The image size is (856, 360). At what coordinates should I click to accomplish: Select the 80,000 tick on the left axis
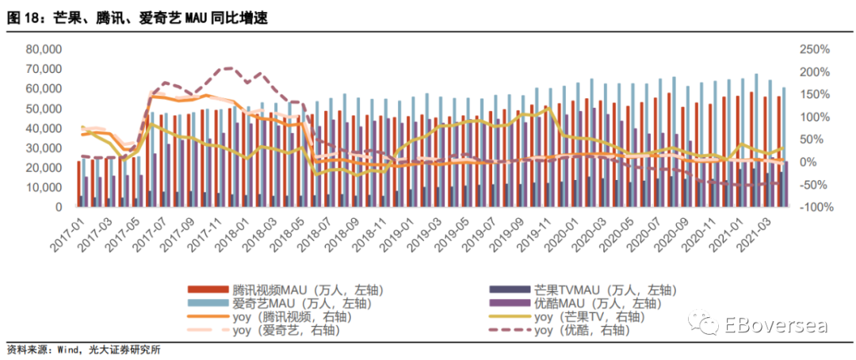coord(44,50)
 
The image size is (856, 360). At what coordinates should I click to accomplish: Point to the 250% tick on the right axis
coord(815,50)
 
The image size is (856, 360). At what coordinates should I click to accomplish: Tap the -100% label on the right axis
coord(815,208)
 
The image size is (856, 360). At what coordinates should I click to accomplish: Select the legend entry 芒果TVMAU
coord(582,289)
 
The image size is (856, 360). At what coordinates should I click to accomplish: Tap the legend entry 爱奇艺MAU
coord(279,303)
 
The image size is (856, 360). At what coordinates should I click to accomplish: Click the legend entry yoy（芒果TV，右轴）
coord(567,316)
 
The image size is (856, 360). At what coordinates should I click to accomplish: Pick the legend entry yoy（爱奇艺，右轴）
coord(263,330)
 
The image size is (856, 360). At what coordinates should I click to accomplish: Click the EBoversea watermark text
coord(776,325)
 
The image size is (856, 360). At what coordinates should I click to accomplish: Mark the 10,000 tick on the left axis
coord(44,187)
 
